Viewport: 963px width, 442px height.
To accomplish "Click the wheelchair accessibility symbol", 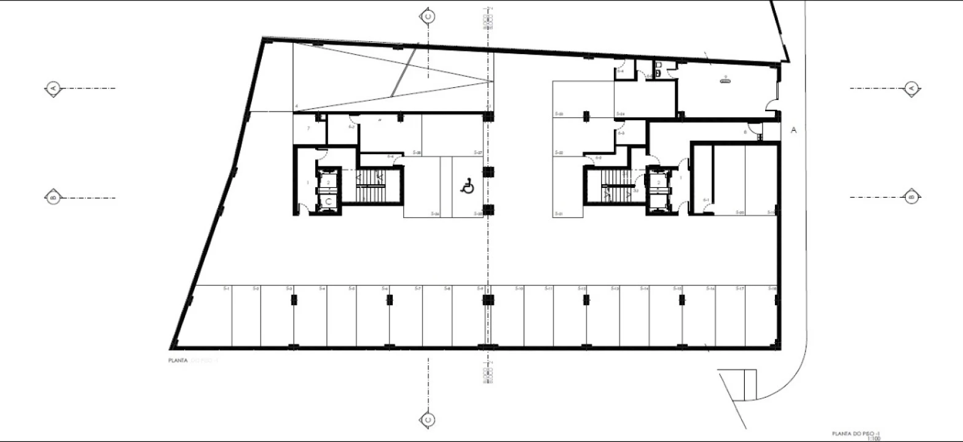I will (467, 186).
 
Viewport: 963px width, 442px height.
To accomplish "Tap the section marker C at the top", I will (428, 17).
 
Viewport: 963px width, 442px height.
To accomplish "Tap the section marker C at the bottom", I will (428, 420).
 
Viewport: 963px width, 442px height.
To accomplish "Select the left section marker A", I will (53, 88).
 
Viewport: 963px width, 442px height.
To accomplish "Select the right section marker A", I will (911, 88).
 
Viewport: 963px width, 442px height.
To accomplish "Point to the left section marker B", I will (53, 197).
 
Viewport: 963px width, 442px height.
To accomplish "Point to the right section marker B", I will (911, 197).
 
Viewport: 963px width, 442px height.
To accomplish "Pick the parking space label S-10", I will (519, 289).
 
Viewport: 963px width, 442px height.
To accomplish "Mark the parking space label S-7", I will (417, 289).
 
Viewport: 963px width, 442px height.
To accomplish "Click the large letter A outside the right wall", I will (793, 130).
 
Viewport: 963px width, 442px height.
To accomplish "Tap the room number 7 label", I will (308, 128).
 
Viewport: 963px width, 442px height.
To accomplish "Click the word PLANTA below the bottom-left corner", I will (177, 361).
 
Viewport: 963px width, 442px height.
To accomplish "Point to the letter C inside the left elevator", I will (328, 201).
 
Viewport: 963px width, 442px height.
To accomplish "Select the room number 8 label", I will (745, 131).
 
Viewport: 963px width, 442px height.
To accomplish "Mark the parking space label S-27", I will (478, 152).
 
